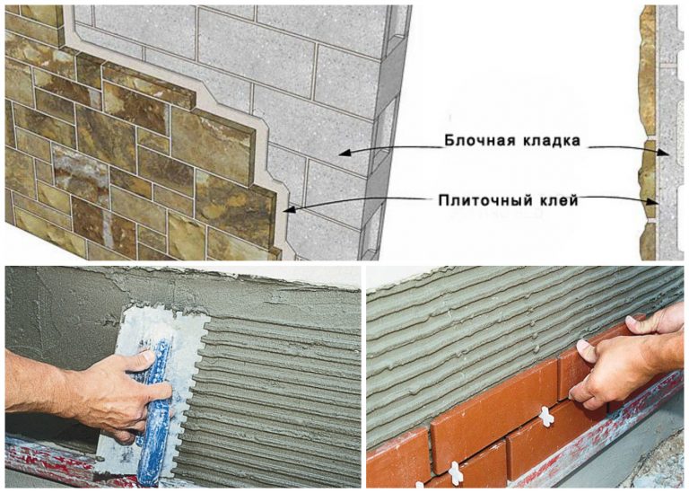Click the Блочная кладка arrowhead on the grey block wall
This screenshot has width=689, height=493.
[344, 153]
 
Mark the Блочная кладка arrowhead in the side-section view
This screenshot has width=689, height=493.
[664, 152]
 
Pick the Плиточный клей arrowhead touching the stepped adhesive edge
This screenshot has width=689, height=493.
[289, 210]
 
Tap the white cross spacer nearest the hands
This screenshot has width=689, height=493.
[545, 417]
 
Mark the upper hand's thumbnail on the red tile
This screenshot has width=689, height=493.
[583, 346]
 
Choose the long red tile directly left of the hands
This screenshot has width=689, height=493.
[494, 398]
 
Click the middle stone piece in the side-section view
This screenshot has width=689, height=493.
[647, 180]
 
